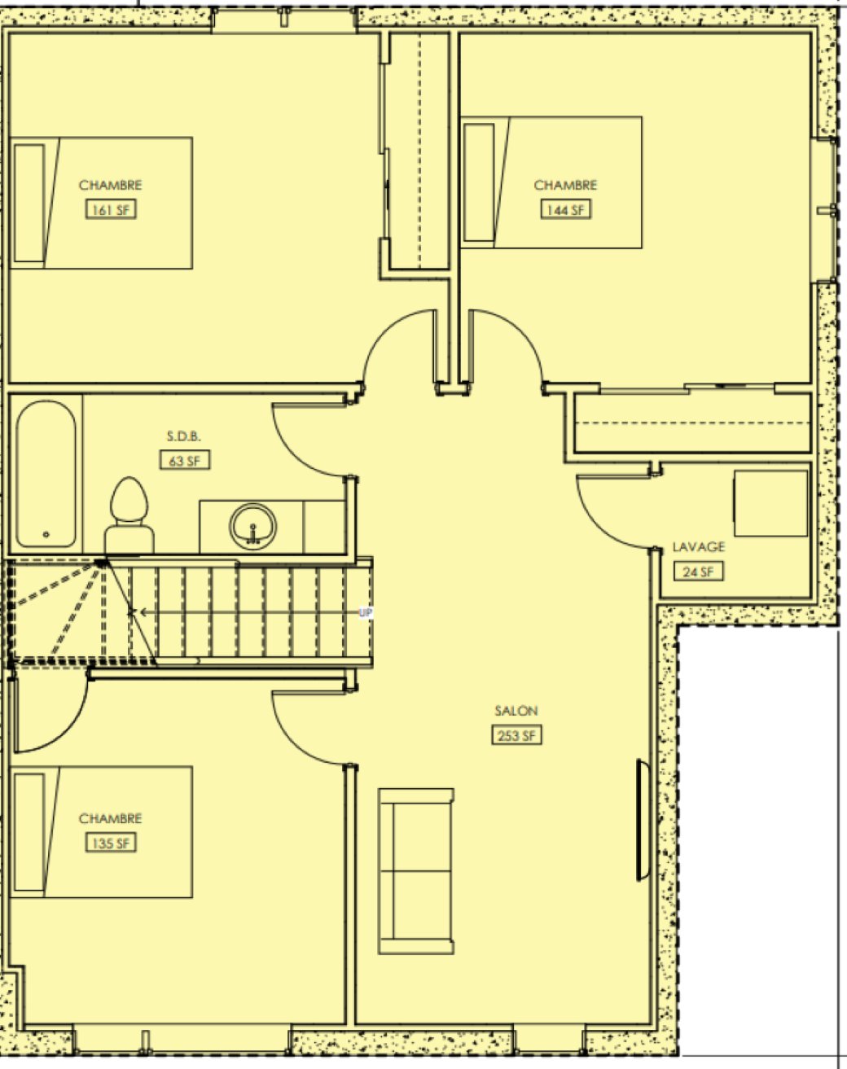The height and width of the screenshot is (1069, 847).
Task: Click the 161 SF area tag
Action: coord(110,209)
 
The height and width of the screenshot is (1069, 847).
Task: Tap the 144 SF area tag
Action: coord(566,209)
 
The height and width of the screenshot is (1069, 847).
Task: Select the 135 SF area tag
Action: coord(110,843)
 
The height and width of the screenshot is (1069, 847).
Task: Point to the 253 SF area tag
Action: coord(516,735)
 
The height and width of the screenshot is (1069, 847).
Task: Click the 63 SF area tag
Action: coord(184,460)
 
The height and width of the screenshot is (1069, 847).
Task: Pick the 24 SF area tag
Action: coord(699,572)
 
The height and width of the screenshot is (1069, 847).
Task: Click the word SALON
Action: coord(516,711)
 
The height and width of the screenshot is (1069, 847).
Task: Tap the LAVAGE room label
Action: coord(699,547)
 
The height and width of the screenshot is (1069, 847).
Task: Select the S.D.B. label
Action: coord(184,436)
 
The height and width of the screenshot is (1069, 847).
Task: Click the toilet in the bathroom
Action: coord(129,515)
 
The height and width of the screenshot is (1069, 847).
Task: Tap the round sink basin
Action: coord(253,527)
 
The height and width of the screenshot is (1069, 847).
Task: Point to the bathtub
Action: coord(46,474)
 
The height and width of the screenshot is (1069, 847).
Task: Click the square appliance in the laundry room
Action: coord(770,503)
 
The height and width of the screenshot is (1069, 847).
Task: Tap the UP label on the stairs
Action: coord(366,613)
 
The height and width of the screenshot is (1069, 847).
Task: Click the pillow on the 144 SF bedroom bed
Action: coord(479,182)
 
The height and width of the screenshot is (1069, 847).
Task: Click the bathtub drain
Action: coord(46,534)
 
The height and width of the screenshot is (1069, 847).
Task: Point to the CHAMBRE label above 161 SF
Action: coord(110,186)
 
